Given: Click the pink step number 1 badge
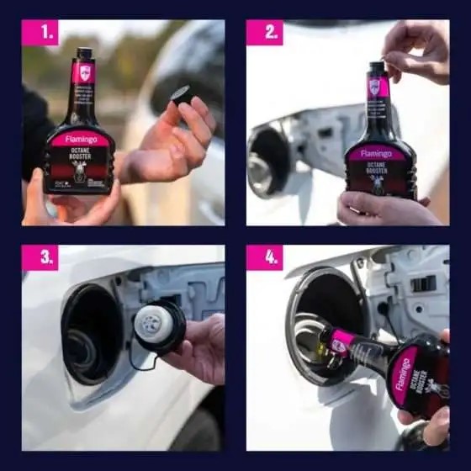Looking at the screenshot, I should click(x=40, y=33).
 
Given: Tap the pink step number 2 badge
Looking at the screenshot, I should click(x=264, y=33).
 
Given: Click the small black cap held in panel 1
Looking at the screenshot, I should click(x=181, y=95).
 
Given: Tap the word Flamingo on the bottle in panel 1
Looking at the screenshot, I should click(x=80, y=140).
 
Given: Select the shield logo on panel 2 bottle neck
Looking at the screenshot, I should click(x=375, y=86).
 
